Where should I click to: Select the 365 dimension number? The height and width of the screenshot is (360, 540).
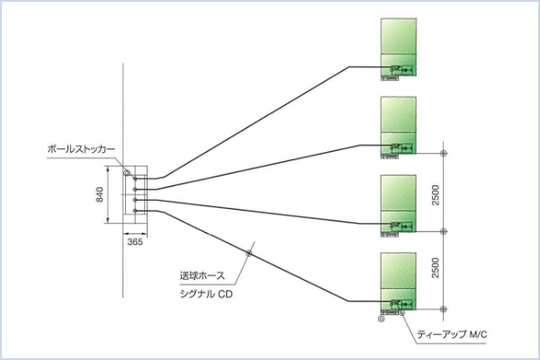coord(134,242)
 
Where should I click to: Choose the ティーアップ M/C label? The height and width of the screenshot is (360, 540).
coord(453,336)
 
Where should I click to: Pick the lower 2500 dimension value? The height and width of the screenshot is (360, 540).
coord(436,268)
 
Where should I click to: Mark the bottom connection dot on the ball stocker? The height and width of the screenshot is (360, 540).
coord(135,211)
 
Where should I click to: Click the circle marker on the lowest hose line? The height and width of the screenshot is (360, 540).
coord(249,252)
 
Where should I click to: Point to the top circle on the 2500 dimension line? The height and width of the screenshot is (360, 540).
coord(443,153)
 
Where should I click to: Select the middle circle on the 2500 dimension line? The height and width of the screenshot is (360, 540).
coord(443,231)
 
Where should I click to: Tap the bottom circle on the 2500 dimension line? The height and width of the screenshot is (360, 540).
coord(443,307)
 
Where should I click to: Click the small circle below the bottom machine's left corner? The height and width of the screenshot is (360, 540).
coord(382,318)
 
